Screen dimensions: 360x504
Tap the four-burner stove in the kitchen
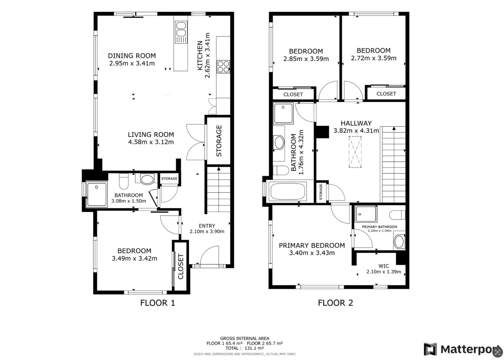(x=223, y=66)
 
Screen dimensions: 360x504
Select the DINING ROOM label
(x=132, y=56)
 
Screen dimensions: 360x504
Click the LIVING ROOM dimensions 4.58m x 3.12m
(x=151, y=142)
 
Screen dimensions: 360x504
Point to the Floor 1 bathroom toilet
(x=124, y=181)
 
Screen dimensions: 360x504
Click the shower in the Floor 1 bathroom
(x=96, y=194)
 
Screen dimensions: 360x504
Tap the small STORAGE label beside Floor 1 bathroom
(x=169, y=179)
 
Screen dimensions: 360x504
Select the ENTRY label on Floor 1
(x=207, y=226)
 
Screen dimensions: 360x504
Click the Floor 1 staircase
(x=219, y=190)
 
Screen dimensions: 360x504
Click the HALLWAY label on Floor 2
(x=356, y=123)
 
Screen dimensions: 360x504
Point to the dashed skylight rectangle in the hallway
(x=355, y=152)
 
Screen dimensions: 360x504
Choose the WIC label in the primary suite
(x=384, y=266)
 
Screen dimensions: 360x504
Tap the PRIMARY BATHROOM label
(x=380, y=227)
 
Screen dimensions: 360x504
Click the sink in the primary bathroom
(x=399, y=242)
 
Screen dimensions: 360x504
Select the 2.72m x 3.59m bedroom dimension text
(x=374, y=58)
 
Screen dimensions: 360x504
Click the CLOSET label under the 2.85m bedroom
(x=293, y=94)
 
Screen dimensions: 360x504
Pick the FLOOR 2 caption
(x=335, y=303)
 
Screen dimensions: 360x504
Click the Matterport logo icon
(x=430, y=349)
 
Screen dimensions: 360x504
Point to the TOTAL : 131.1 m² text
(x=244, y=348)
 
